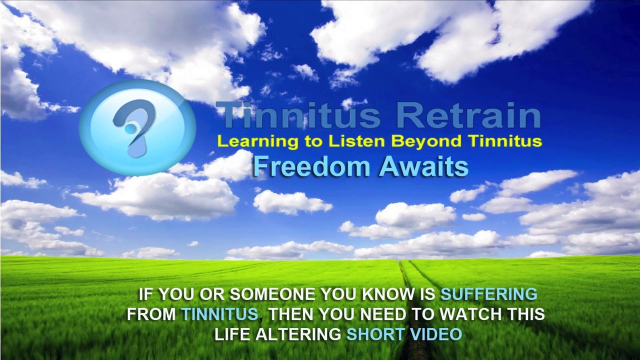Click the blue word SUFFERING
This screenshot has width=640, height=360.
[x=489, y=294]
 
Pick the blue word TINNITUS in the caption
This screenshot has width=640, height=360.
[x=220, y=314]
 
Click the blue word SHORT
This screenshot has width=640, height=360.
[x=375, y=334]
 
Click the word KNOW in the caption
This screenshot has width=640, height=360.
[x=385, y=294]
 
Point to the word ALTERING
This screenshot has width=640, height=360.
[x=298, y=334]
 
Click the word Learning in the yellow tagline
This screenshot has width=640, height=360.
[x=257, y=142]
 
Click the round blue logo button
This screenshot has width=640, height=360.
[x=137, y=127]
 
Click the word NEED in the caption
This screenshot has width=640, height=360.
[x=383, y=314]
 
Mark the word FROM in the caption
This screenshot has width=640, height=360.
[x=151, y=314]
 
